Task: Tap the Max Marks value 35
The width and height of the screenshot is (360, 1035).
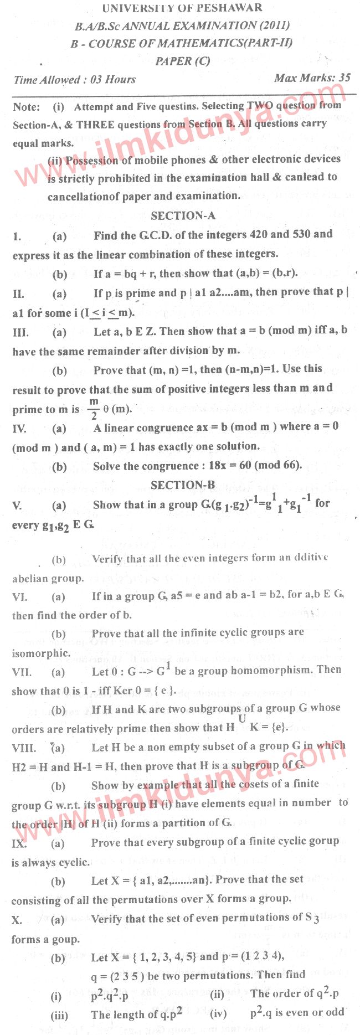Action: click(x=344, y=78)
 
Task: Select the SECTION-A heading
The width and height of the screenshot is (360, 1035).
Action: click(x=183, y=216)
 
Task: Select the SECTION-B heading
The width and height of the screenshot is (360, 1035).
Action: click(x=183, y=485)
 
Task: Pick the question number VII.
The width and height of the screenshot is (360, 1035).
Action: click(x=22, y=672)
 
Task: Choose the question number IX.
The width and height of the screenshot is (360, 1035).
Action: click(x=19, y=843)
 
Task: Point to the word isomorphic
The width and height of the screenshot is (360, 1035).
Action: click(x=40, y=653)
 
